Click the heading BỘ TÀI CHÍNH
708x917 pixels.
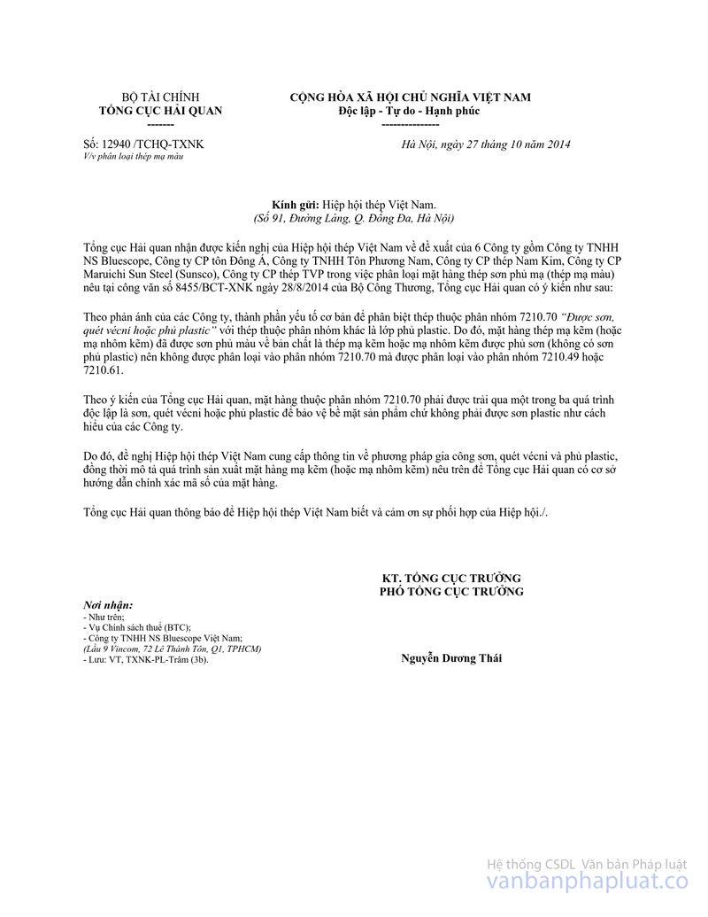[x=160, y=97]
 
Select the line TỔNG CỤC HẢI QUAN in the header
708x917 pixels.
[x=160, y=111]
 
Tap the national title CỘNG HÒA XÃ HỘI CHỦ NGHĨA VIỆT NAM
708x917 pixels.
[x=410, y=97]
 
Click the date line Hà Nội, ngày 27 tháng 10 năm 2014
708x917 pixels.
[x=486, y=144]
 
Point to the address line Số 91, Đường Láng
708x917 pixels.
[x=305, y=217]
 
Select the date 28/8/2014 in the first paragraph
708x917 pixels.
[x=306, y=288]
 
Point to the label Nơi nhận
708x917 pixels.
[x=100, y=604]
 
